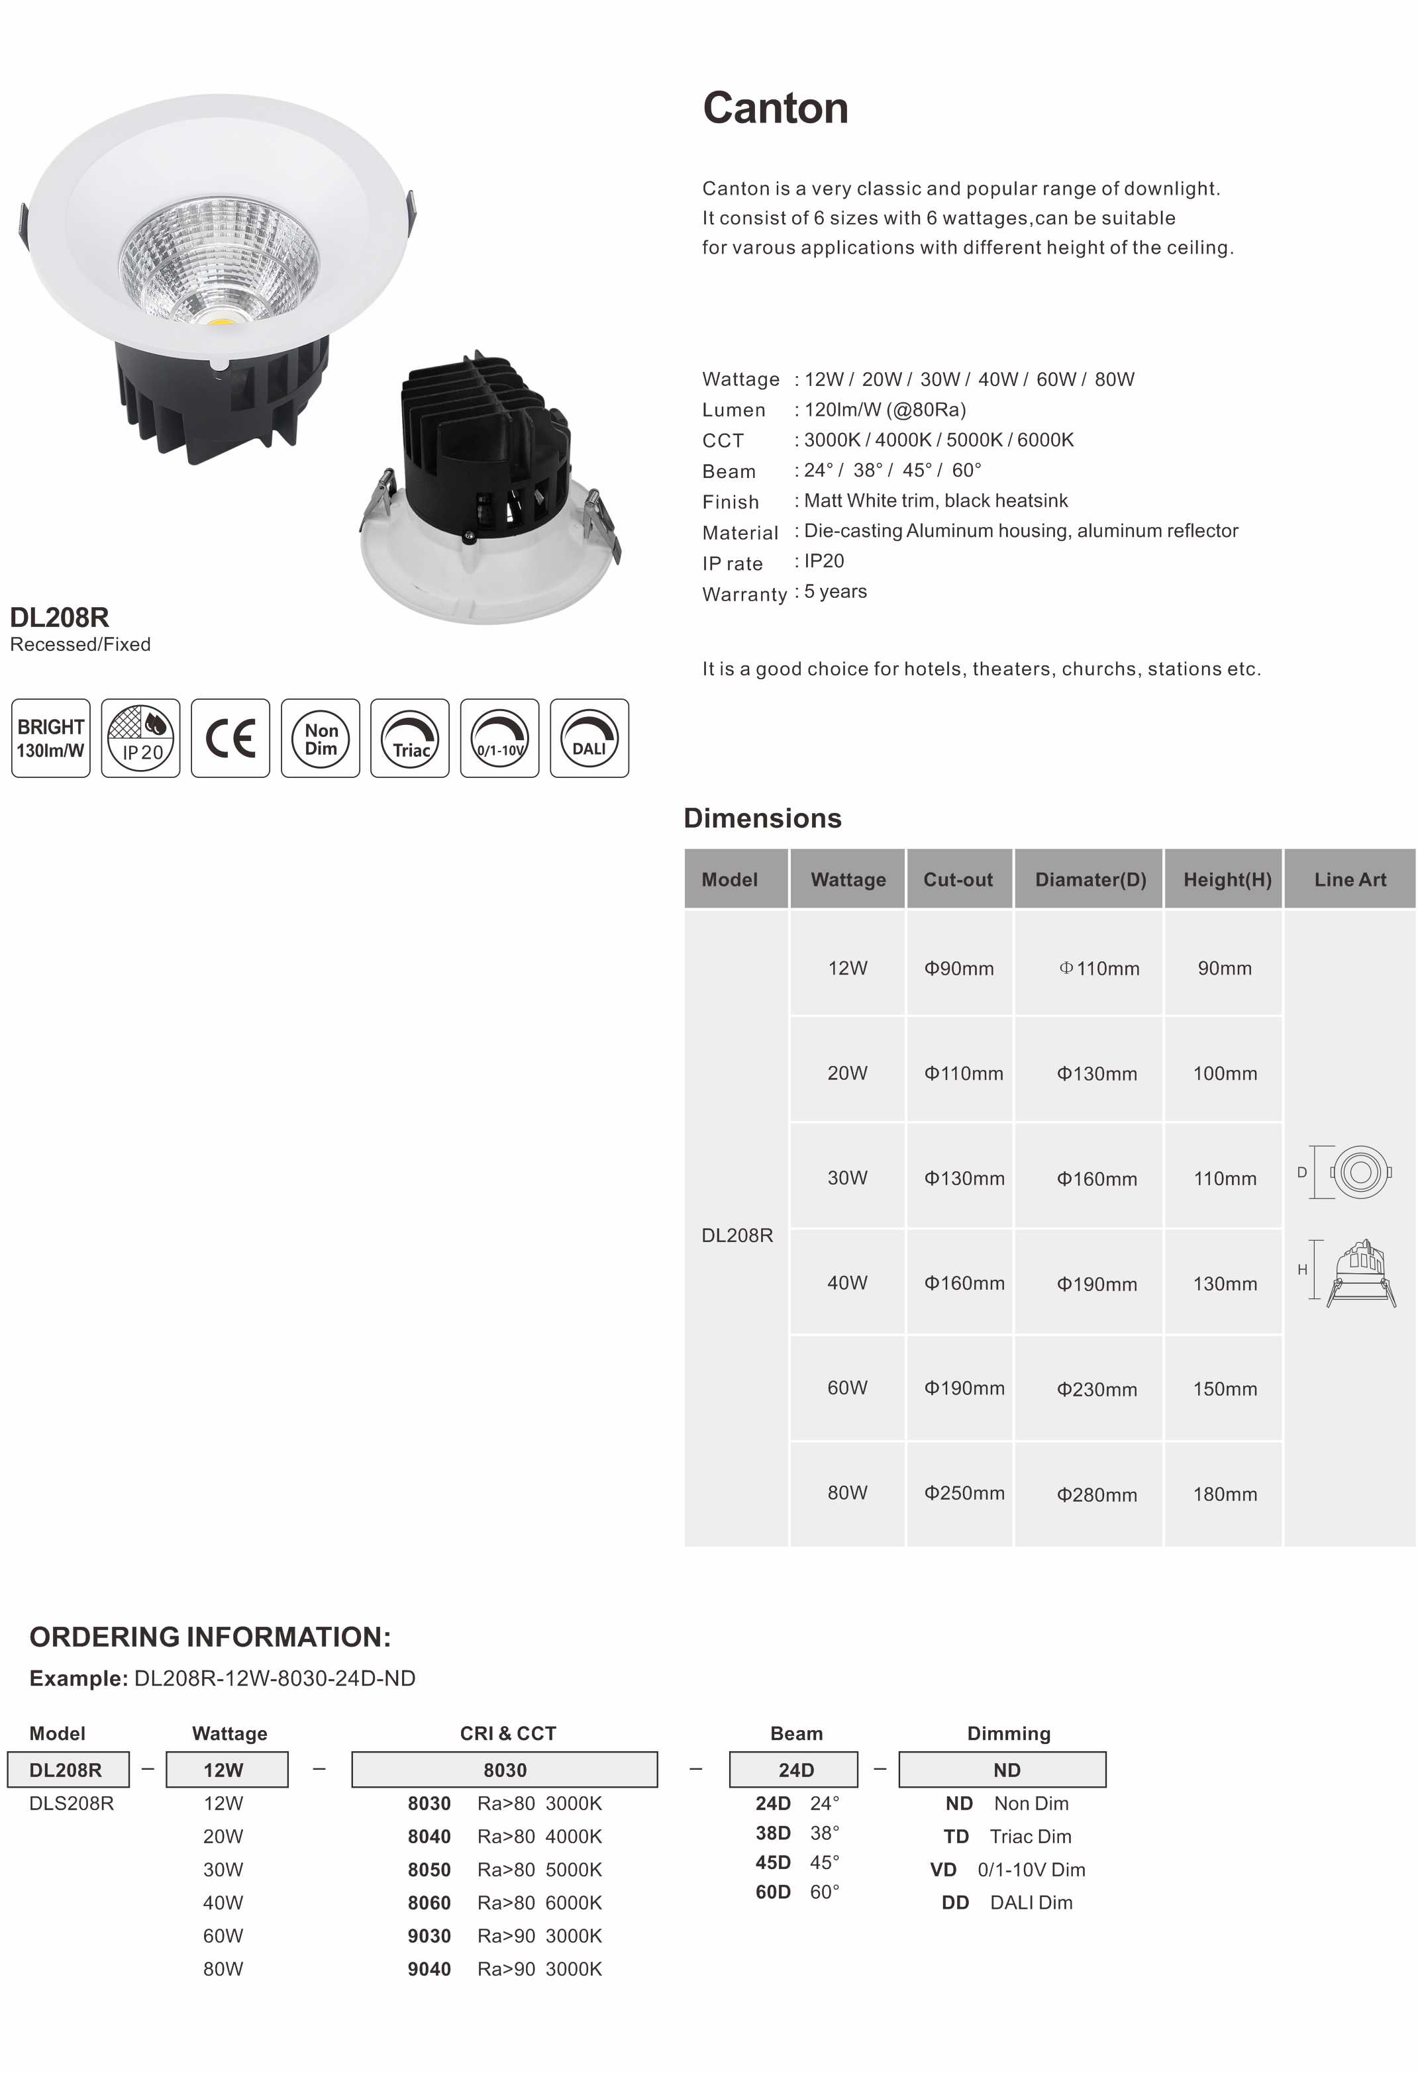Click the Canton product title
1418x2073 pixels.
click(775, 108)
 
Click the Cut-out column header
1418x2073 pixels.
click(958, 879)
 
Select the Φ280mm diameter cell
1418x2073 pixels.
click(1097, 1494)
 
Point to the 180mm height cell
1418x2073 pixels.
click(1225, 1494)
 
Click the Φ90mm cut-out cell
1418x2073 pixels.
click(958, 968)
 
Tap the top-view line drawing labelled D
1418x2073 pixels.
click(1358, 1171)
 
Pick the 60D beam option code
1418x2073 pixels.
click(773, 1892)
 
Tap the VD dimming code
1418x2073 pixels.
click(943, 1870)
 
